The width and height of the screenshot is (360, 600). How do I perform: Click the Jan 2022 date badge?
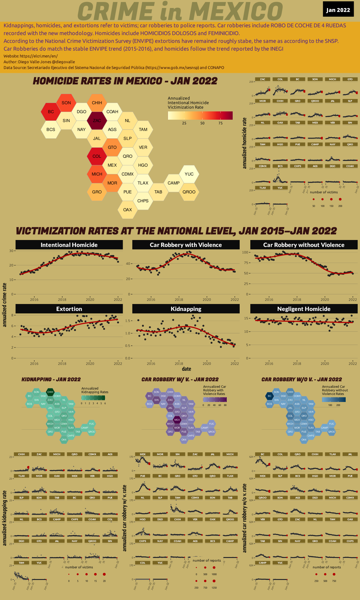click(338, 10)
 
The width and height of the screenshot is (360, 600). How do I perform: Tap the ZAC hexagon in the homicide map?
click(97, 121)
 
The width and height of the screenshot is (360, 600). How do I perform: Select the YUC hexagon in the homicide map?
click(189, 174)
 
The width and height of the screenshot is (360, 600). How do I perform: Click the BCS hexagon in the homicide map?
click(51, 129)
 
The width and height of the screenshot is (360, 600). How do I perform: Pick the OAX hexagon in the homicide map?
click(128, 210)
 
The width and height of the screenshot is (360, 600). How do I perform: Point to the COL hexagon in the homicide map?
click(97, 156)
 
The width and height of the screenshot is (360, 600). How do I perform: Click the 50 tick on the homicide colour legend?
click(202, 123)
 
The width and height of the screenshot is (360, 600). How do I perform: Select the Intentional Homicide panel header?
click(69, 245)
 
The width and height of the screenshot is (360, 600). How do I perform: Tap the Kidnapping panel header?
click(186, 309)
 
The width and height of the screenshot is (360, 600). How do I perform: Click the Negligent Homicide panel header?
click(304, 309)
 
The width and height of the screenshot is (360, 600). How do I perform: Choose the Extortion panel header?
click(69, 309)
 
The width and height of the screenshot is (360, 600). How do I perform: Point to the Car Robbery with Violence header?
click(186, 245)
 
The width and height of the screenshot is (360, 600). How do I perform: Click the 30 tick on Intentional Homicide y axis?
click(11, 251)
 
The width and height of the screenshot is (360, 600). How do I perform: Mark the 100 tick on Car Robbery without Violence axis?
click(245, 252)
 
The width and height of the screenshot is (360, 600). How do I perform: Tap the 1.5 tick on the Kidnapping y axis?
click(128, 321)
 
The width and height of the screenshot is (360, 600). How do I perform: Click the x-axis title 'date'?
click(186, 369)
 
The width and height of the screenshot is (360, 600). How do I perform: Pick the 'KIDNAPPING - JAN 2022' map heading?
click(51, 379)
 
